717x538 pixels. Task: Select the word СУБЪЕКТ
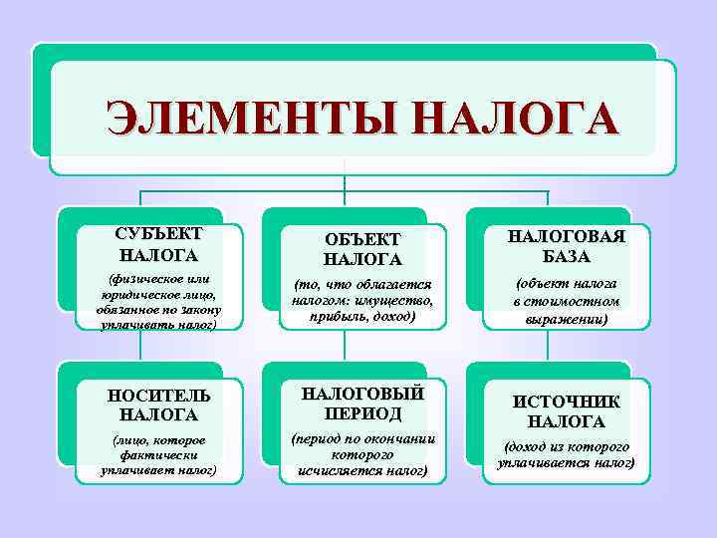(x=158, y=234)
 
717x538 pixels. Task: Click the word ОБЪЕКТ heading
(x=362, y=240)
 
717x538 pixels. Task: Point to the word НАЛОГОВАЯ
(x=567, y=236)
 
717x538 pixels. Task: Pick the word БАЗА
(x=567, y=257)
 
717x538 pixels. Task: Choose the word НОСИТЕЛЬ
(x=158, y=396)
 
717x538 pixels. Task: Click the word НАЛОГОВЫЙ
(x=362, y=392)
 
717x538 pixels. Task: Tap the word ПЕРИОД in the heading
(x=362, y=412)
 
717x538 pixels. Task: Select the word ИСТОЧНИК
(x=567, y=402)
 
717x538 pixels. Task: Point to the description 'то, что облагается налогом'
(x=362, y=301)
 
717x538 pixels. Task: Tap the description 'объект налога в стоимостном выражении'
(x=567, y=301)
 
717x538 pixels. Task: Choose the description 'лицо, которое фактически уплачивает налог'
(x=158, y=454)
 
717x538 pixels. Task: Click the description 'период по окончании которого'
(x=362, y=452)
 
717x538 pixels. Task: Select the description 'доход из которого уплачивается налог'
(x=567, y=454)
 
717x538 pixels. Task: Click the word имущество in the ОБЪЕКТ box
(x=397, y=301)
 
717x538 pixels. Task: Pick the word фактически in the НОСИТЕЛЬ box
(x=158, y=454)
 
